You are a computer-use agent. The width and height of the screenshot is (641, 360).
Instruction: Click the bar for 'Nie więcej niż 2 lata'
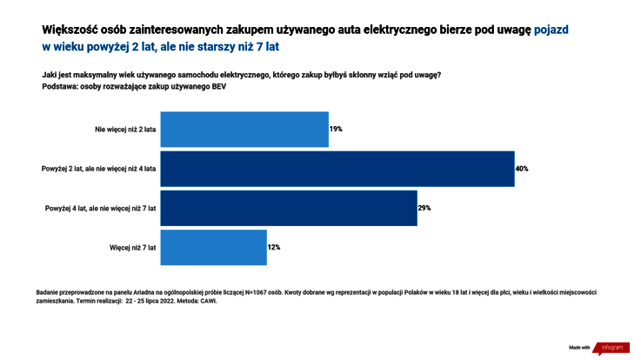(244, 129)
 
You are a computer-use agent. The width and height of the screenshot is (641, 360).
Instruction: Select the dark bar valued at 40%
(337, 169)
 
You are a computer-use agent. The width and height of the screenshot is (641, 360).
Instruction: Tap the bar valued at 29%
(289, 208)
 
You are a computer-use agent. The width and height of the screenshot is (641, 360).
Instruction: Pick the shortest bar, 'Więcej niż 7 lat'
(214, 247)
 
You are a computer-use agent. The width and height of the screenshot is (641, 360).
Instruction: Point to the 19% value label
(336, 129)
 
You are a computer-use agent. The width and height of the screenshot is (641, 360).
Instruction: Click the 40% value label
(522, 169)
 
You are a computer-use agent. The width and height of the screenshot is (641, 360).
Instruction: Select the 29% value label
(424, 208)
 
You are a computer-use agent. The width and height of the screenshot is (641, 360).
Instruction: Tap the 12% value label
(273, 247)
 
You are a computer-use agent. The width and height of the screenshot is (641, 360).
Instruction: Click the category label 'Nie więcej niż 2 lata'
(125, 130)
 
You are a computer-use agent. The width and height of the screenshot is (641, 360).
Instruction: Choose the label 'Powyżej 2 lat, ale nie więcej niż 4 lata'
(99, 169)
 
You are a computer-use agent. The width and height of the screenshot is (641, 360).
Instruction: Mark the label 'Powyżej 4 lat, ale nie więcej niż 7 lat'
(100, 208)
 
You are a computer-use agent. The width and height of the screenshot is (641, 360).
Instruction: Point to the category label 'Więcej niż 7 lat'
(133, 247)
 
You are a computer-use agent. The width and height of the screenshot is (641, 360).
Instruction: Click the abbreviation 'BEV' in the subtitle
(217, 87)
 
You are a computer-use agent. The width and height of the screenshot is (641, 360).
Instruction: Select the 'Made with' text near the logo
(579, 348)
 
